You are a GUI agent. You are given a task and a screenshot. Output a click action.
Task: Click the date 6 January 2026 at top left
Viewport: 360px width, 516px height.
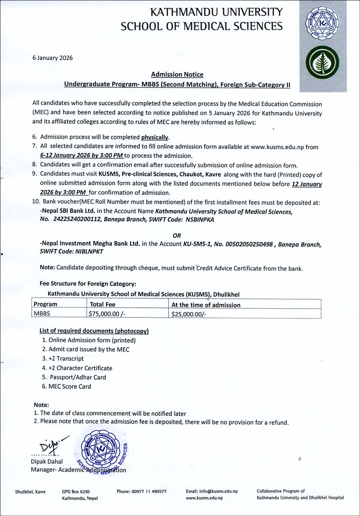(52, 58)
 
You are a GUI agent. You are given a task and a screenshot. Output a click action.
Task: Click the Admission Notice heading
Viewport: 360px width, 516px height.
(177, 75)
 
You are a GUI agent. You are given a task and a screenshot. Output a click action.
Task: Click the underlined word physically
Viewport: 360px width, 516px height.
(155, 137)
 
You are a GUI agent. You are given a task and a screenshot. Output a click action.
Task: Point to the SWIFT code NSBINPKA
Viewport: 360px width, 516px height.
(199, 220)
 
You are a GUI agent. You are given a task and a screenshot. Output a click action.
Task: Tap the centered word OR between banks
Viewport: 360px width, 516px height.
(177, 236)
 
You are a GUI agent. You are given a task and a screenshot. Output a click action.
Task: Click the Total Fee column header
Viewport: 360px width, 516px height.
(103, 304)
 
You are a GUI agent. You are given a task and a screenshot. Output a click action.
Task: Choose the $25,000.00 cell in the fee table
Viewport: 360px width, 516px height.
(188, 314)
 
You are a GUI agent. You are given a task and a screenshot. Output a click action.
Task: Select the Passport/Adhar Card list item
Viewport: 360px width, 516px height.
(78, 377)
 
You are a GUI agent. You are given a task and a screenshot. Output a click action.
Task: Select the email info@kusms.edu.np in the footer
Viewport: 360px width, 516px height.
(212, 491)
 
